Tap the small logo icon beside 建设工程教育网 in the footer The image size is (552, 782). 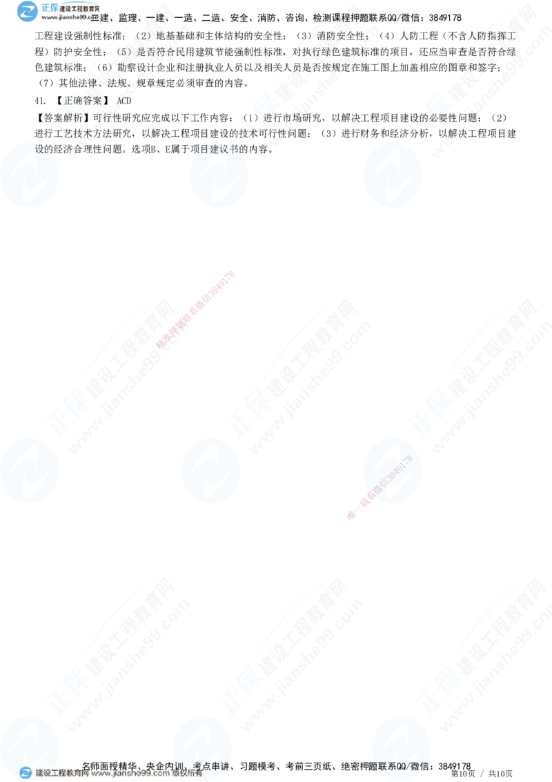tap(25, 773)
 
